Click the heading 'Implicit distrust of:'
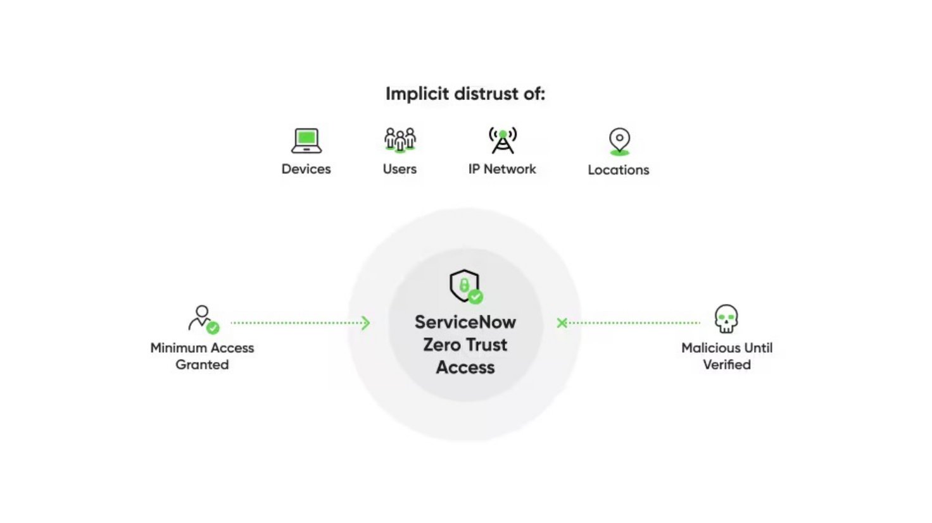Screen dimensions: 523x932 [x=465, y=94]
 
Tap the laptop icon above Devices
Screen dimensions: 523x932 [x=306, y=140]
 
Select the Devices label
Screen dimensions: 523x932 [x=306, y=169]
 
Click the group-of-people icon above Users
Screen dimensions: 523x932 [x=400, y=140]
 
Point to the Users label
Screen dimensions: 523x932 [x=400, y=169]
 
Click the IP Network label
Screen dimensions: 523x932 [x=502, y=169]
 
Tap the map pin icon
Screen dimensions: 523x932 [x=619, y=140]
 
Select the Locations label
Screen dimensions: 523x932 [x=619, y=169]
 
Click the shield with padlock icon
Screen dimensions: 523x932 [x=464, y=285]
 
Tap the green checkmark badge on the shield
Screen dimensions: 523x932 [x=475, y=296]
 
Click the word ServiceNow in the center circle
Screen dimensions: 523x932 [x=465, y=322]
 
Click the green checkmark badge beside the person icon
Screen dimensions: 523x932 [x=213, y=328]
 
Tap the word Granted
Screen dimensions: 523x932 [x=202, y=365]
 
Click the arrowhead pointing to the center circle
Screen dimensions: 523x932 [x=365, y=323]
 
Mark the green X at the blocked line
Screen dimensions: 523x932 [x=562, y=323]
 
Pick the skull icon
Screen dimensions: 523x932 [x=726, y=319]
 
